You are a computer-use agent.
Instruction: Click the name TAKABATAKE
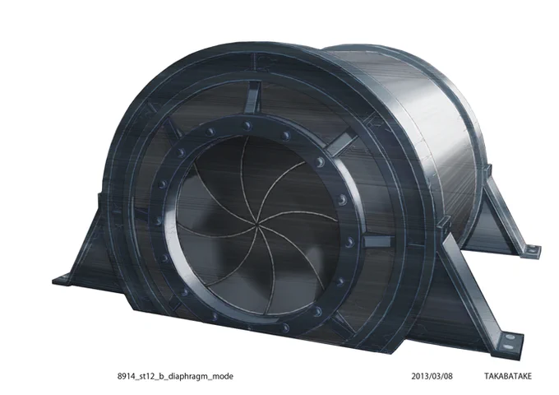508,376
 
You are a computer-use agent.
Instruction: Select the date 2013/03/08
432,376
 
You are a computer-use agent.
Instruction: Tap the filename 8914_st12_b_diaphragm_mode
175,376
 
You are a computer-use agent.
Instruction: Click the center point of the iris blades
256,225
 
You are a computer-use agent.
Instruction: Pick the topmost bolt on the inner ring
247,126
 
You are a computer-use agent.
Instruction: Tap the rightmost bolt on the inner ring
349,242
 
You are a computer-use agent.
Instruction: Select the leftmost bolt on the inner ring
158,221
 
